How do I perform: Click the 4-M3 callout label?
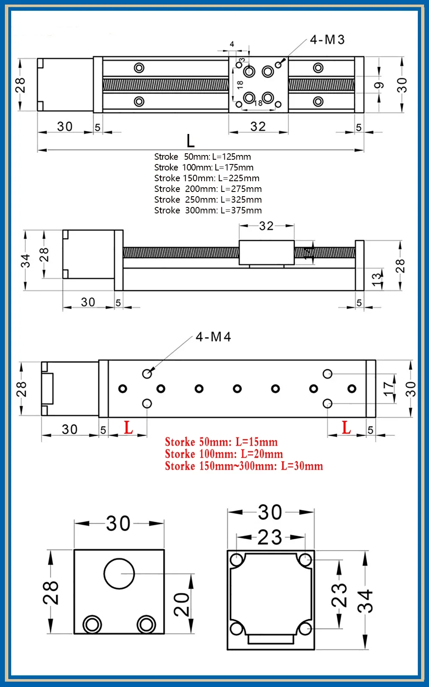[327, 40]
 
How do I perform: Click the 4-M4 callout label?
[213, 337]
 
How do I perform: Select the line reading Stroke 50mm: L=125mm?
[202, 157]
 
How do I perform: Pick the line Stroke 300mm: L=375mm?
[208, 210]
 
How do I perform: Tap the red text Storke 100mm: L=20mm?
[224, 454]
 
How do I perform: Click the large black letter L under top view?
[190, 141]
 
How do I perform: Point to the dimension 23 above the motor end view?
[270, 538]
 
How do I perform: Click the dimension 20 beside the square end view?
[182, 604]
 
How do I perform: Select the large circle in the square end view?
[119, 574]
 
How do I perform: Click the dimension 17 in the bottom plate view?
[389, 389]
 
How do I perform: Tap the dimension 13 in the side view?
[376, 280]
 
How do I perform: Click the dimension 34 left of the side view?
[25, 261]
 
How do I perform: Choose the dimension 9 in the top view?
[379, 85]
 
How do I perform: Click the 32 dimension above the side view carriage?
[266, 226]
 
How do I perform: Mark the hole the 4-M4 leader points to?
[147, 374]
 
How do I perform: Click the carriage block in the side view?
[266, 252]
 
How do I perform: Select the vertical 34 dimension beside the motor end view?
[366, 601]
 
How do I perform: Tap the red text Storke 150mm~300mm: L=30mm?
[244, 466]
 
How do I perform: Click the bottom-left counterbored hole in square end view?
[92, 624]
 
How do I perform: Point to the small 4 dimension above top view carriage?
[232, 44]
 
